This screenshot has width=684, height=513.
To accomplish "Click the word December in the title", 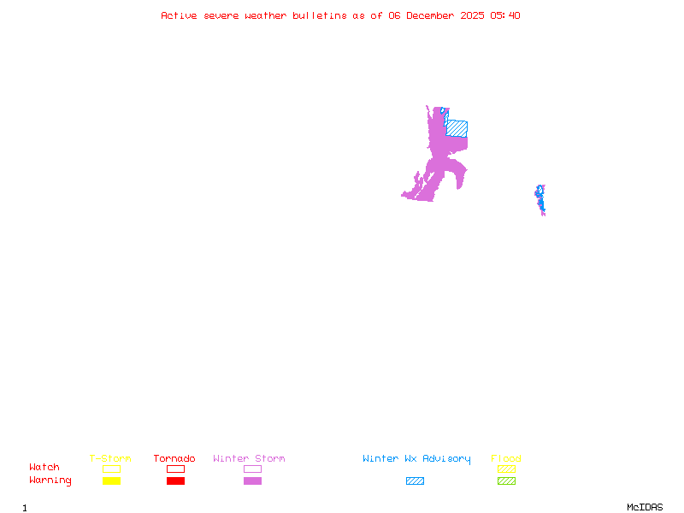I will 431,15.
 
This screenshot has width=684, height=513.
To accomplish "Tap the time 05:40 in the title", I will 504,15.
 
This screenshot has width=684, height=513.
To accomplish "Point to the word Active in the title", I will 179,15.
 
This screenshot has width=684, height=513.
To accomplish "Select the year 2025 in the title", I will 474,15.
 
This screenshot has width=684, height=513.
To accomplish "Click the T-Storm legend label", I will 110,458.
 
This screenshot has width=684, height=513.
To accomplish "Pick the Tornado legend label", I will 174,458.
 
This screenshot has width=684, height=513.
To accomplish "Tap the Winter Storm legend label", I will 249,458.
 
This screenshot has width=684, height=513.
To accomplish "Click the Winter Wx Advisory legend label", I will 416,458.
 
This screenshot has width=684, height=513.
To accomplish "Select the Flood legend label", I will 506,458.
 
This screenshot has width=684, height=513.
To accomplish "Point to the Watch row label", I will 44,468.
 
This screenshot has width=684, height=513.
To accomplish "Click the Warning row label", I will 50,481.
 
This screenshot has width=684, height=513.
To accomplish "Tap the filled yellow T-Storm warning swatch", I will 111,481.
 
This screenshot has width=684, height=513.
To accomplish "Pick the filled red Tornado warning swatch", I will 175,481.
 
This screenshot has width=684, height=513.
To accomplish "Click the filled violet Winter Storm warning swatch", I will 252,481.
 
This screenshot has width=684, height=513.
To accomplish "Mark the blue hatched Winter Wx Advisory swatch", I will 415,481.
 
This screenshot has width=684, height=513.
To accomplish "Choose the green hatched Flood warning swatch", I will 506,481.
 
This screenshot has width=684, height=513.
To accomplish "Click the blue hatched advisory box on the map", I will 457,127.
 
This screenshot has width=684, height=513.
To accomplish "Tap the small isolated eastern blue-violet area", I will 540,198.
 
